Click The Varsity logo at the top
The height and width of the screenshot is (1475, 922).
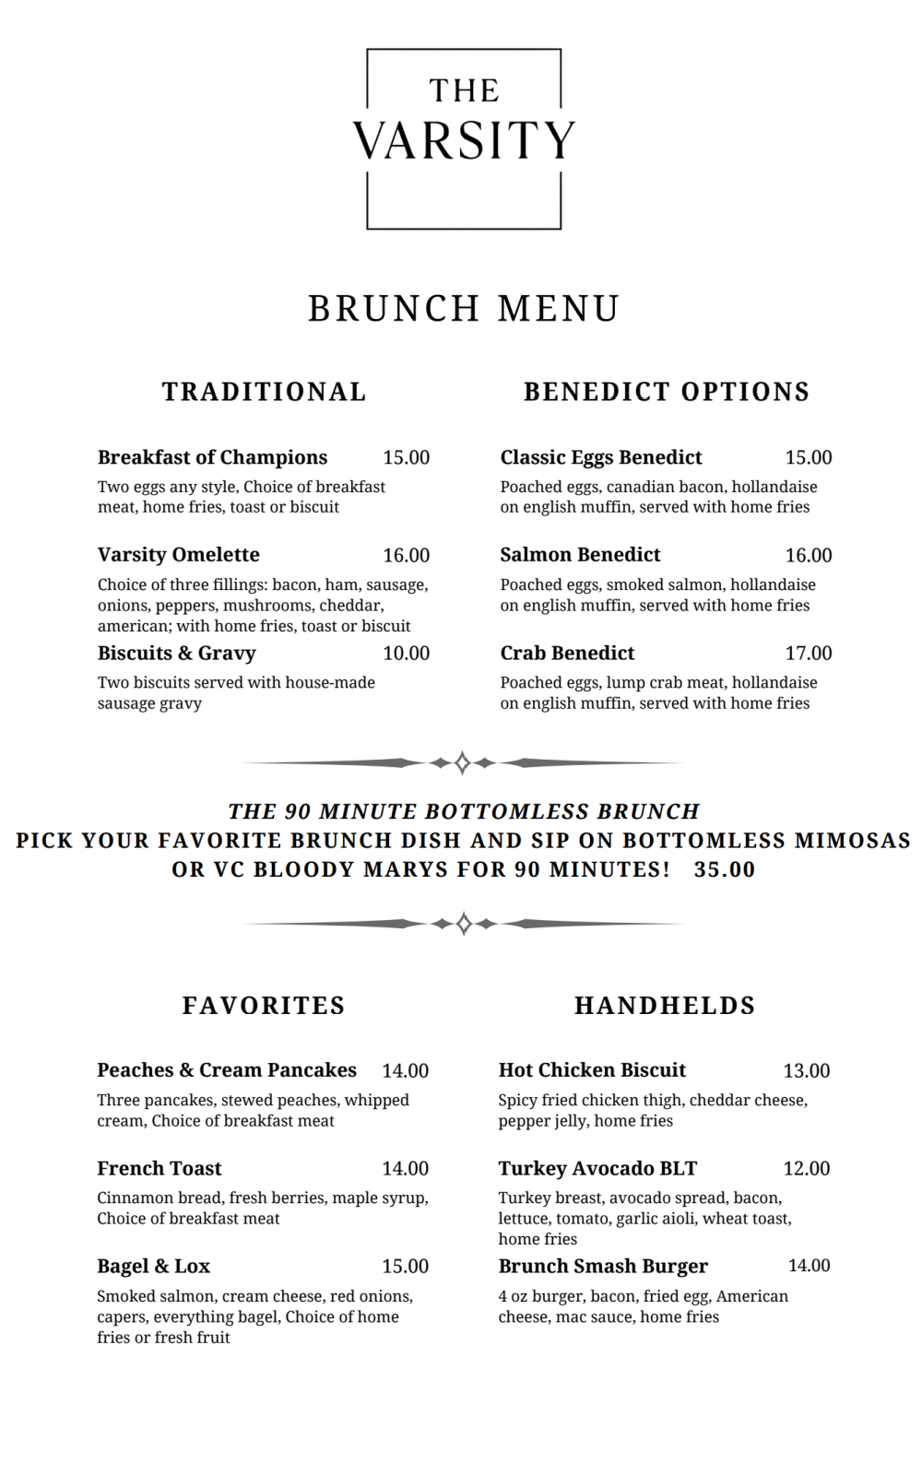[464, 138]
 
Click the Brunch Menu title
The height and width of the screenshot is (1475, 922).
[464, 309]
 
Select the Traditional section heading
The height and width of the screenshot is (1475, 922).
[265, 392]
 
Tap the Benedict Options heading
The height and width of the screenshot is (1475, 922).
[667, 392]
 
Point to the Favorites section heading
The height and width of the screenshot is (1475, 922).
[264, 1005]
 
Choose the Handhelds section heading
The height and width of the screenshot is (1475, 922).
[665, 1005]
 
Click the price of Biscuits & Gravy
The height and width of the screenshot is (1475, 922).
[406, 654]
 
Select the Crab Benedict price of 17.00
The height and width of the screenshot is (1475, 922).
[809, 654]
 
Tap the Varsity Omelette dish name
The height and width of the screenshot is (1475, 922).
[179, 555]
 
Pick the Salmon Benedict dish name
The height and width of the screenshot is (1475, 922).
[580, 555]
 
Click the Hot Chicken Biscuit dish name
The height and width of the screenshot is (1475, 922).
[592, 1070]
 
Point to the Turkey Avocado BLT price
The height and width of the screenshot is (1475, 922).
[807, 1169]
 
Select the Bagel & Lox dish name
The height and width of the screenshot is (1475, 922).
[154, 1267]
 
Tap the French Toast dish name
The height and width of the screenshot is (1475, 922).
[160, 1169]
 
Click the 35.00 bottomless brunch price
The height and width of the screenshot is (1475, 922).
[725, 869]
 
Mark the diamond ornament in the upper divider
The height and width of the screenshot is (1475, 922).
[463, 762]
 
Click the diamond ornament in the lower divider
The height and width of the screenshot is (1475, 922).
[464, 923]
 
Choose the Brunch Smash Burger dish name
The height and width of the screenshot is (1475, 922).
[603, 1267]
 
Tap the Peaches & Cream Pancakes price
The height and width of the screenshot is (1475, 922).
[405, 1071]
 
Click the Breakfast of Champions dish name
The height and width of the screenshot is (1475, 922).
[213, 457]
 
